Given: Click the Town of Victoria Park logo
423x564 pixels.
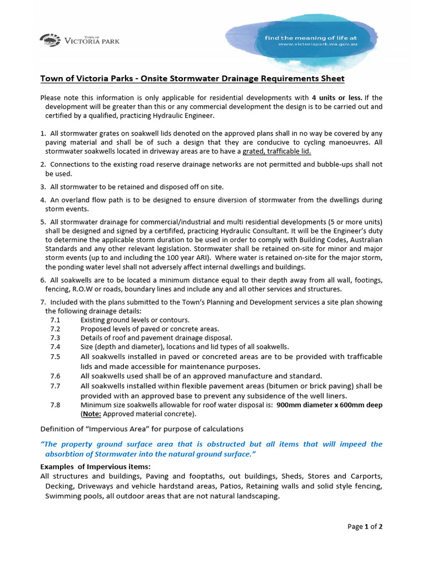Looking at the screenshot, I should (79, 40).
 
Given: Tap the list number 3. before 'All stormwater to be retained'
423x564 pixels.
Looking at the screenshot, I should (43, 187).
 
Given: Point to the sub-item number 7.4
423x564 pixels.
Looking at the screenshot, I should (55, 347).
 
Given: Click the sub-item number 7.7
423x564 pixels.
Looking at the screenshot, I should (55, 386).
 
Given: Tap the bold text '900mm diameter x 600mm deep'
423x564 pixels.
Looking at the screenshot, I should (329, 405).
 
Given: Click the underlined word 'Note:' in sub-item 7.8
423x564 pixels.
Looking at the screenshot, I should (92, 414).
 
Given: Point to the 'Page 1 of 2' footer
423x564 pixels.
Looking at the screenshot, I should (365, 526).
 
